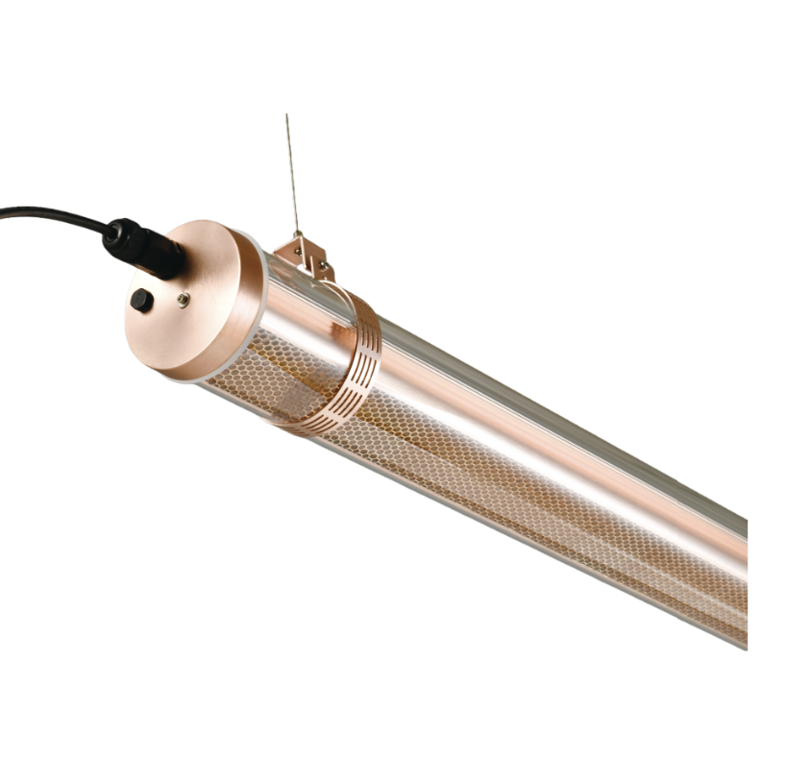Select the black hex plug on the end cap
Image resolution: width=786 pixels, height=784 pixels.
pyautogui.click(x=141, y=300)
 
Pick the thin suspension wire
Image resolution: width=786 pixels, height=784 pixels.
pyautogui.click(x=291, y=173)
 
